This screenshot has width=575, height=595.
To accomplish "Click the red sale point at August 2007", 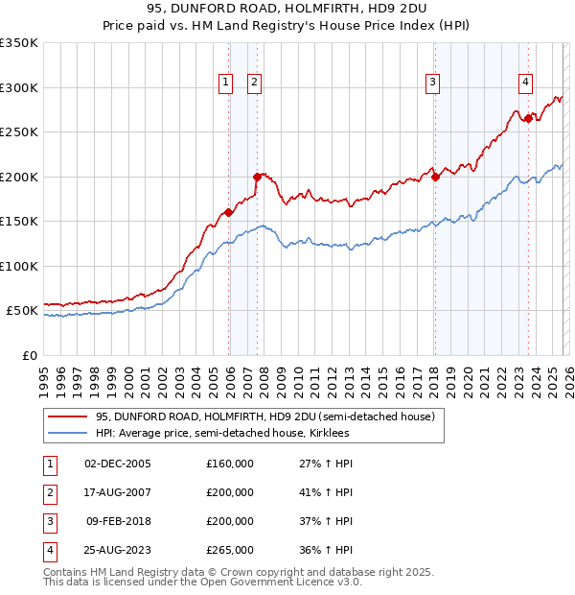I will pos(257,177).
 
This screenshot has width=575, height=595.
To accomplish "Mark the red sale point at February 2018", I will pos(435,177).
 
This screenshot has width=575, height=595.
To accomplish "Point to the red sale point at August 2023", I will pos(528,118).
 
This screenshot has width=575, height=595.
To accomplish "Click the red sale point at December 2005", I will pos(228,212).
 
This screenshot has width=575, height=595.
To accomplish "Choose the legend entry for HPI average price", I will pos(222,434).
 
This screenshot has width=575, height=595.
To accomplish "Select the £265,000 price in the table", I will pos(230,550).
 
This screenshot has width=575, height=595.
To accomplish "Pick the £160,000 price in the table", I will pos(230,464).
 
